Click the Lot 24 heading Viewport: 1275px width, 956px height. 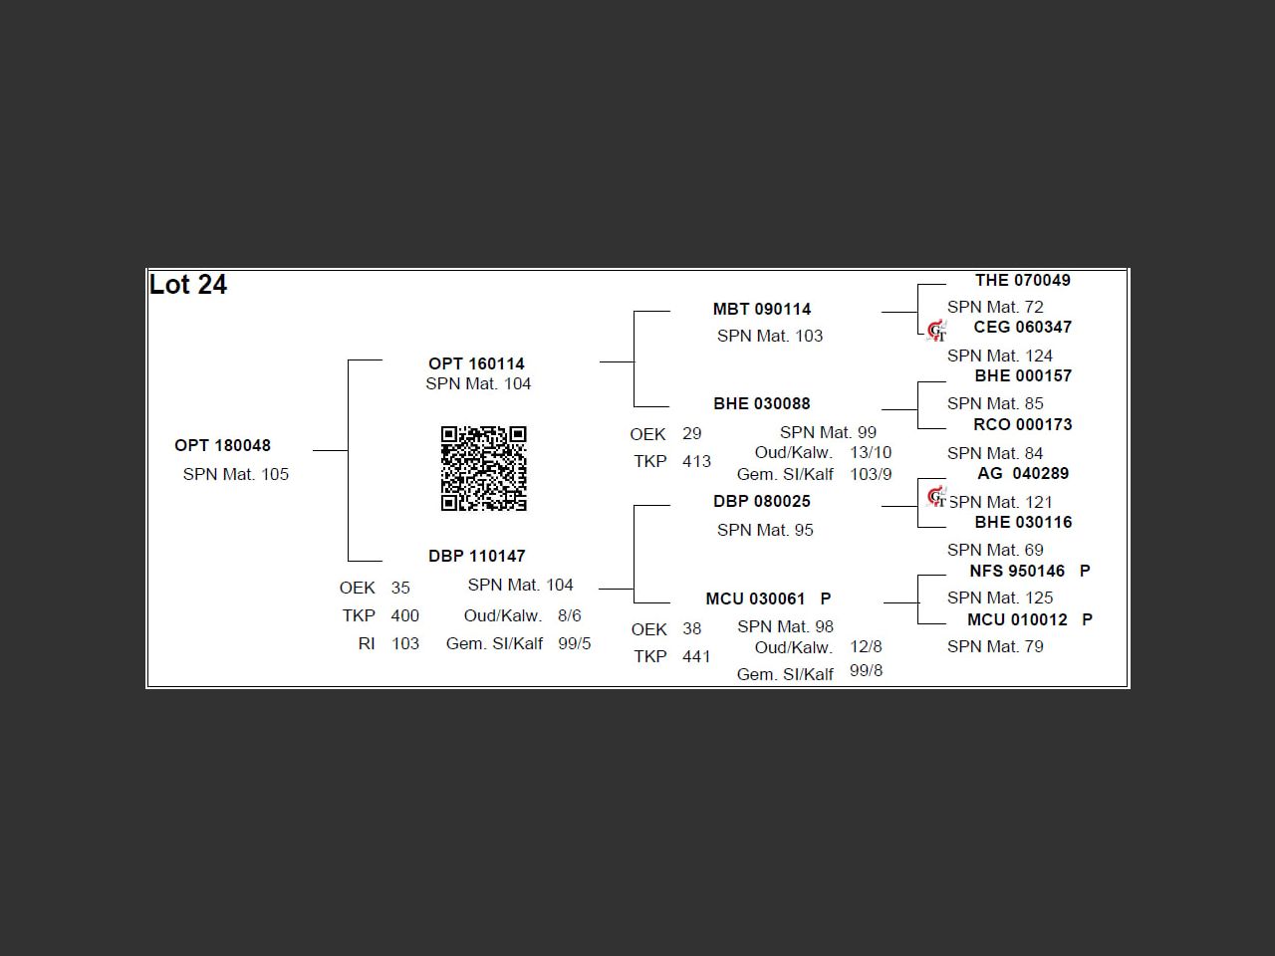click(188, 285)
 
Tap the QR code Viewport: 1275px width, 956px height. click(484, 468)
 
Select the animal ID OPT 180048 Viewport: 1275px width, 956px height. click(222, 445)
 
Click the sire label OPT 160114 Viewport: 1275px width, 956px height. click(476, 363)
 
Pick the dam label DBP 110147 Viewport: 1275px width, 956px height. click(476, 556)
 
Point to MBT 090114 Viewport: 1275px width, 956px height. click(762, 309)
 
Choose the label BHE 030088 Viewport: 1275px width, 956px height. click(762, 403)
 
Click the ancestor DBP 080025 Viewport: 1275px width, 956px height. click(762, 501)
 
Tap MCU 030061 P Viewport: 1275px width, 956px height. click(768, 598)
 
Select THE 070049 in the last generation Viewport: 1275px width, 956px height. click(1022, 280)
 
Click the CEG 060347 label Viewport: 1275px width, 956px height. click(1022, 327)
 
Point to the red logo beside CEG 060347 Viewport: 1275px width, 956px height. click(936, 331)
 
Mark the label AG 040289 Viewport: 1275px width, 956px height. click(1022, 473)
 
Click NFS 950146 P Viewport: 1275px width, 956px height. click(1029, 571)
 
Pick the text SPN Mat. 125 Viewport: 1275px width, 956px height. click(1000, 597)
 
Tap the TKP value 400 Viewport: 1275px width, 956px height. click(404, 615)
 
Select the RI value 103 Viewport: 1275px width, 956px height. click(404, 643)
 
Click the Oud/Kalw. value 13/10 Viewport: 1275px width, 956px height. click(871, 452)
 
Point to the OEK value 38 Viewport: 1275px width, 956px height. click(691, 628)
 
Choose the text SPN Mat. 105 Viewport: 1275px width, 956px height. click(236, 474)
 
